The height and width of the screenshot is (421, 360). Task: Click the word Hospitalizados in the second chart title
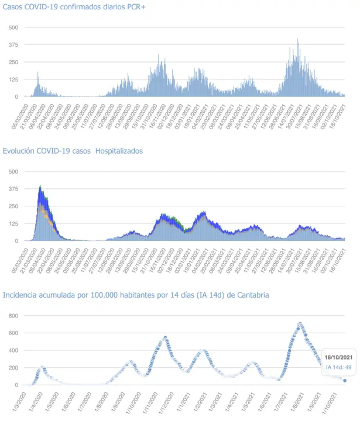[119, 151]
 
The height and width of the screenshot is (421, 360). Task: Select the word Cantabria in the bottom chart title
[251, 295]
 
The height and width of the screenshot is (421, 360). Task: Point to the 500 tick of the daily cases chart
[13, 27]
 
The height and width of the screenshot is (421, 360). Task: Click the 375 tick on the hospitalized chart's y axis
[13, 189]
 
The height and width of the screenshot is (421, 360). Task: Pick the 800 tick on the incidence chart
[13, 316]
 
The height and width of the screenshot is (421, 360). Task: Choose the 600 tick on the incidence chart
[13, 333]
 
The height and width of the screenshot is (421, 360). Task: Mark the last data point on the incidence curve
[345, 381]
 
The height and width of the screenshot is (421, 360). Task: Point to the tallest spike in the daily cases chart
[298, 40]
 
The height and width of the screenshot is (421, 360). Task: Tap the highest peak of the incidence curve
[300, 323]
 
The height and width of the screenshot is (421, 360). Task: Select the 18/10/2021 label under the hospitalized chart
[342, 256]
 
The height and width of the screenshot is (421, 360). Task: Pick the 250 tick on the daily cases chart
[13, 62]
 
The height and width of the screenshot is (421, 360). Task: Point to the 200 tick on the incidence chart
[13, 368]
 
